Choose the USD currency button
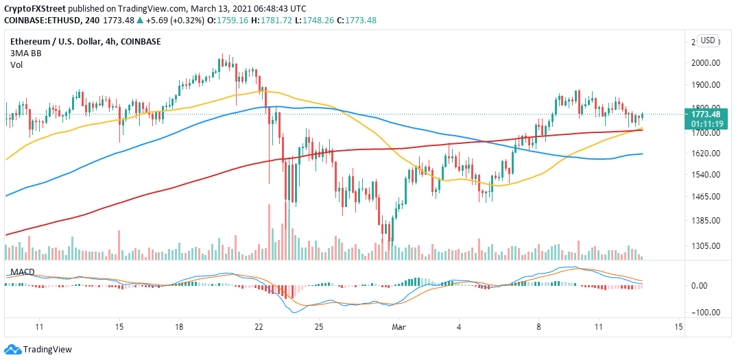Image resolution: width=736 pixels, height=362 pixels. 707,40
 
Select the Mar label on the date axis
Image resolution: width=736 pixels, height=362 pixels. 397,326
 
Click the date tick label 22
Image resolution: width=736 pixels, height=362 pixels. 259,326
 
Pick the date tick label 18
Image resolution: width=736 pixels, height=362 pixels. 179,326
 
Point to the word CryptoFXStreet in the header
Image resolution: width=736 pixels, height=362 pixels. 34,8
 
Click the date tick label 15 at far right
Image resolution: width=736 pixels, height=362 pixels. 678,326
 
